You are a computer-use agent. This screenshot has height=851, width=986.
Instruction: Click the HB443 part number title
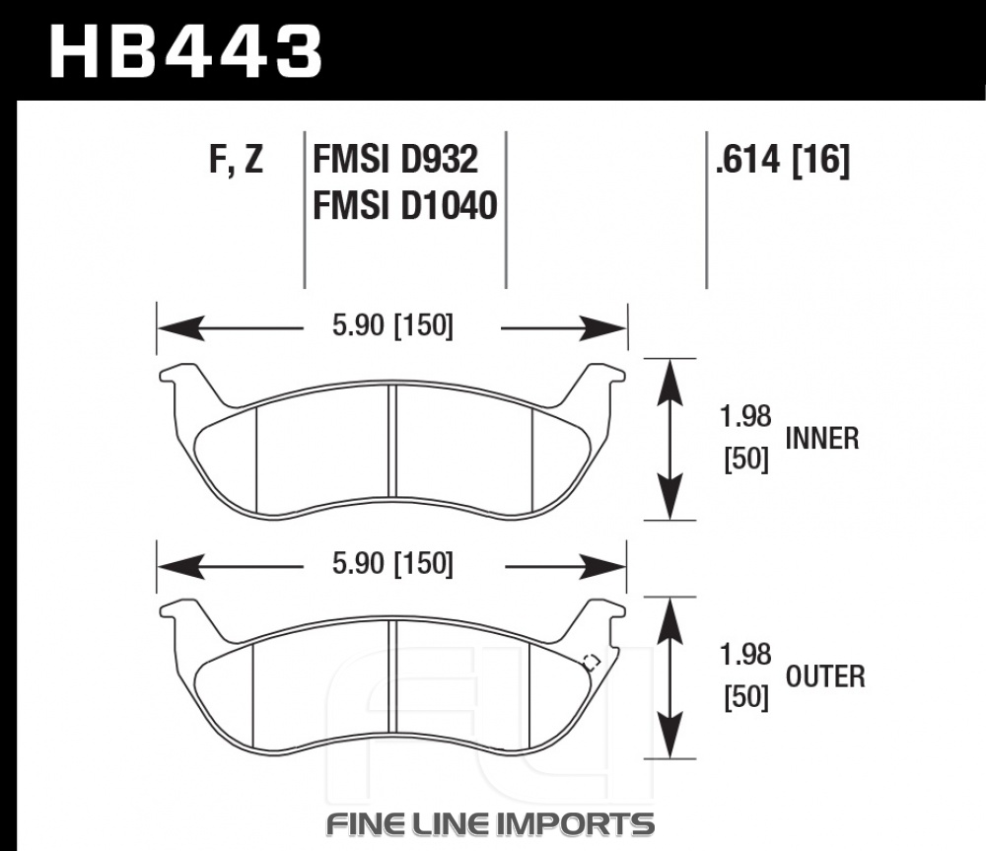186,52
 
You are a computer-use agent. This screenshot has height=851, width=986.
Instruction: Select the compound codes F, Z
236,159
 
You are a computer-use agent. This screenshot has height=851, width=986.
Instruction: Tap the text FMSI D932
395,159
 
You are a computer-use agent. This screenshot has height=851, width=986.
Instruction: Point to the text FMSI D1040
405,205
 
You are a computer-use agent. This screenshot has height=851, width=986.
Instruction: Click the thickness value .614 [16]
782,159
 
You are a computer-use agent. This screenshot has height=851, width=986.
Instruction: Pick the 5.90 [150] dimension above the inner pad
392,325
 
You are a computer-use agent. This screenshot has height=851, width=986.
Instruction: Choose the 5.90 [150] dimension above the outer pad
392,563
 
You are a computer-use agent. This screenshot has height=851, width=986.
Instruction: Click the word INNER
822,438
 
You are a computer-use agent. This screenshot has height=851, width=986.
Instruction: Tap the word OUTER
825,676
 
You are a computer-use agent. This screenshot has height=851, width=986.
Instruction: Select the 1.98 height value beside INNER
745,416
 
